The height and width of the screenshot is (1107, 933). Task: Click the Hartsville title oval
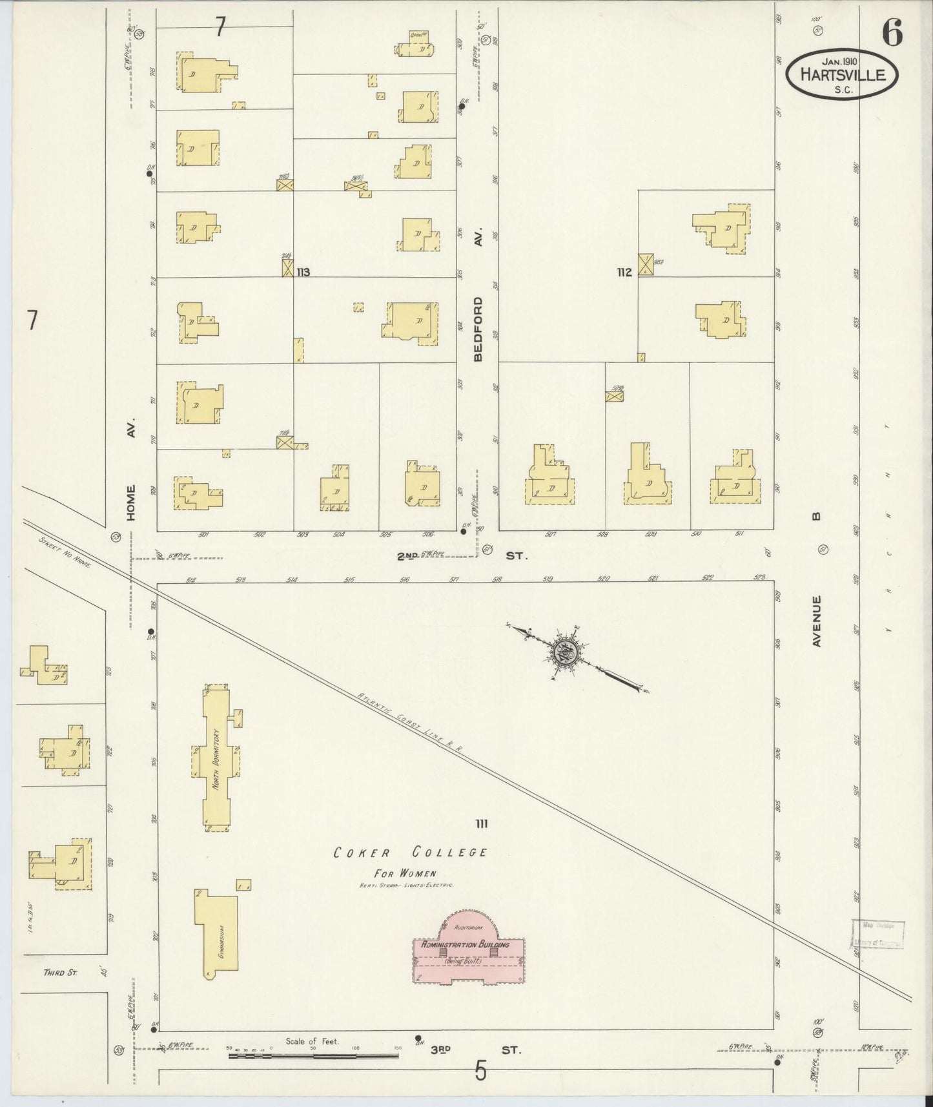pyautogui.click(x=842, y=75)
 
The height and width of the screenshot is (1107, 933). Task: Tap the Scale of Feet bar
pyautogui.click(x=313, y=1056)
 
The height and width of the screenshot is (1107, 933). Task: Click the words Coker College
pyautogui.click(x=410, y=853)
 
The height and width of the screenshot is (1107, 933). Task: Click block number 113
pyautogui.click(x=303, y=273)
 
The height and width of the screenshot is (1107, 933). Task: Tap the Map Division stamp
pyautogui.click(x=877, y=934)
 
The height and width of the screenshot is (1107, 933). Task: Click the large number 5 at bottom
pyautogui.click(x=480, y=1072)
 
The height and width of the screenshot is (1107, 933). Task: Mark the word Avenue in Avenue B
pyautogui.click(x=817, y=621)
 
